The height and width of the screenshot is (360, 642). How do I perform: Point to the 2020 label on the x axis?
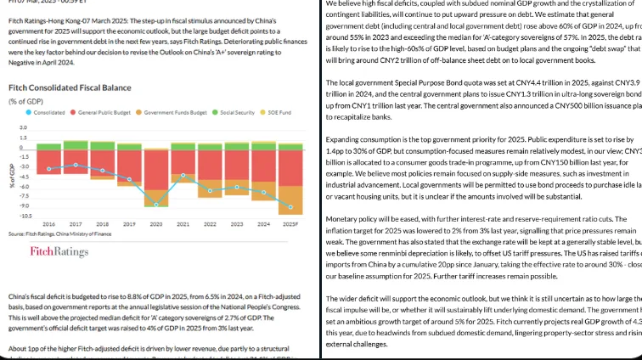pyautogui.click(x=156, y=223)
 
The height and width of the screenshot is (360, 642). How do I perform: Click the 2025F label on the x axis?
pyautogui.click(x=290, y=223)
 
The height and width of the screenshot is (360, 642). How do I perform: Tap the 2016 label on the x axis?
pyautogui.click(x=48, y=223)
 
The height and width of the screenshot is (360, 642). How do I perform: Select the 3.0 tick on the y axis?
pyautogui.click(x=24, y=127)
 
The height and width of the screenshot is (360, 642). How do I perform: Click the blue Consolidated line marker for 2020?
pyautogui.click(x=156, y=204)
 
